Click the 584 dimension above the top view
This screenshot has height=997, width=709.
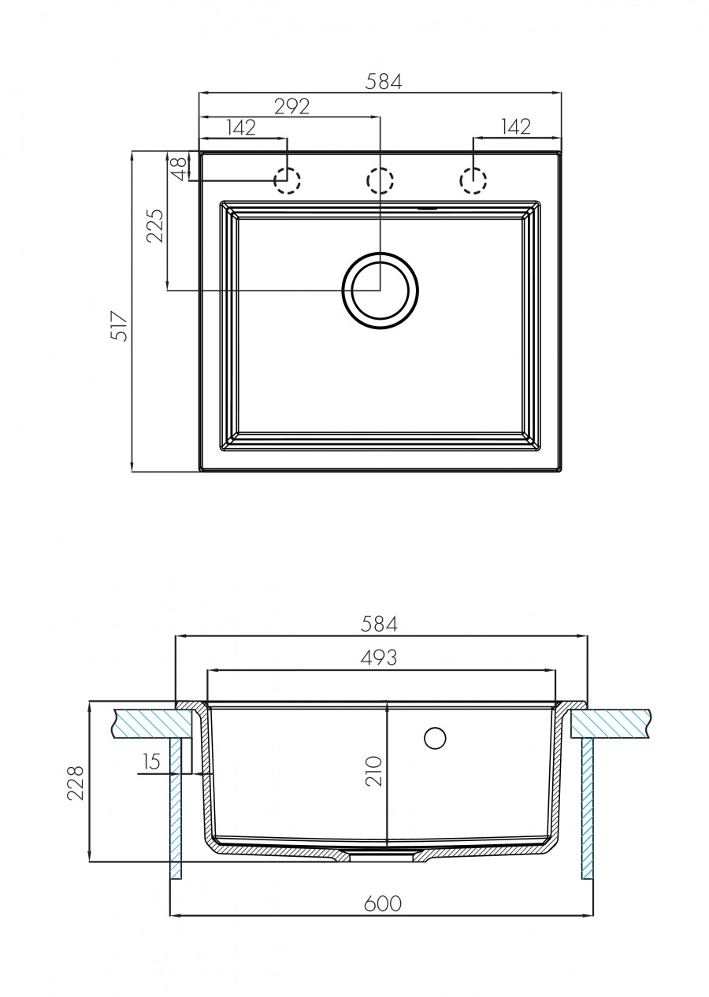click(x=384, y=81)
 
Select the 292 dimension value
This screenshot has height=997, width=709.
click(x=291, y=106)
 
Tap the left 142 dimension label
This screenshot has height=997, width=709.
click(x=241, y=128)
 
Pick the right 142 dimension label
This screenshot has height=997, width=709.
click(x=515, y=127)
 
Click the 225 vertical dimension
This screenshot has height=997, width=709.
click(x=155, y=225)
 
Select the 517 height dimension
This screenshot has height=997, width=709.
click(x=119, y=326)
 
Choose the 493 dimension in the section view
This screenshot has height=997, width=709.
click(x=379, y=658)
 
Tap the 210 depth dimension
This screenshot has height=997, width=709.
click(x=373, y=771)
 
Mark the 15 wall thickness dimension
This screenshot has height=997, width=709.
click(x=152, y=762)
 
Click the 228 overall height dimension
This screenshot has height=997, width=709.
click(x=76, y=783)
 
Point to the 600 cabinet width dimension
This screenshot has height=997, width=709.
click(x=382, y=903)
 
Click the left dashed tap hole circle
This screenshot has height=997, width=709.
click(x=287, y=180)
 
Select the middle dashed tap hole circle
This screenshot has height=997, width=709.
click(x=380, y=180)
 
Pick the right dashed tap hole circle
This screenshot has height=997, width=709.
click(x=473, y=180)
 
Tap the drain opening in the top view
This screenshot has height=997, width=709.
click(x=380, y=291)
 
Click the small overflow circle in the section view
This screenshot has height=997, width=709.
click(x=435, y=738)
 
